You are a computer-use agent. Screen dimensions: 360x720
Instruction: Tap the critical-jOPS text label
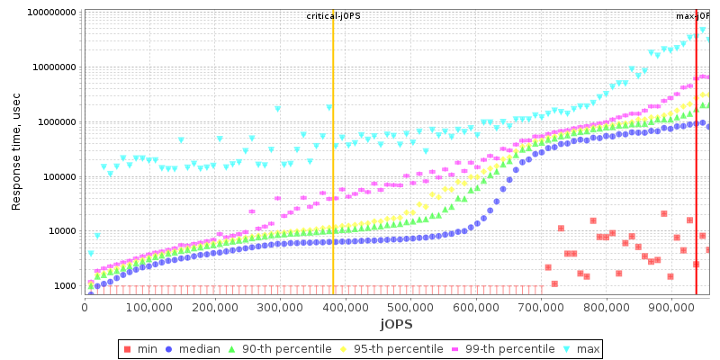[x=333, y=16]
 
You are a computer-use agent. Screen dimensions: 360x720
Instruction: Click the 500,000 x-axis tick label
[x=410, y=307]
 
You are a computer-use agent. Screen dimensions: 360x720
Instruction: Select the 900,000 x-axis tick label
[x=671, y=307]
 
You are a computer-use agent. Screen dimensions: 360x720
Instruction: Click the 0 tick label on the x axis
[x=85, y=307]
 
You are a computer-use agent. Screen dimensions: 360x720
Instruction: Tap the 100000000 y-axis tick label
[x=52, y=13]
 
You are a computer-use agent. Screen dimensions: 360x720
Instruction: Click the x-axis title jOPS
[x=396, y=324]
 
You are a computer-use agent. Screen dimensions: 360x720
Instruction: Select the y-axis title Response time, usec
[x=16, y=150]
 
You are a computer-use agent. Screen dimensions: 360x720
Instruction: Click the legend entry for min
[x=147, y=348]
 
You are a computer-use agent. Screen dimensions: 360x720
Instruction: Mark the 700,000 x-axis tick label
[x=541, y=307]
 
